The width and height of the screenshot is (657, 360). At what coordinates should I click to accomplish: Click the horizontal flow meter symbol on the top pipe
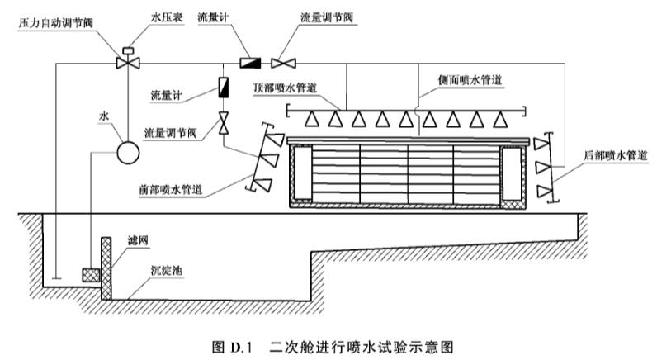(249, 62)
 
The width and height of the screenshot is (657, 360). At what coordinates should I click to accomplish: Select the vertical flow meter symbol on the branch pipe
(224, 85)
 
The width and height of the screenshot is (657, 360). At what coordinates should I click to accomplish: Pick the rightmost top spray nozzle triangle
(498, 119)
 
